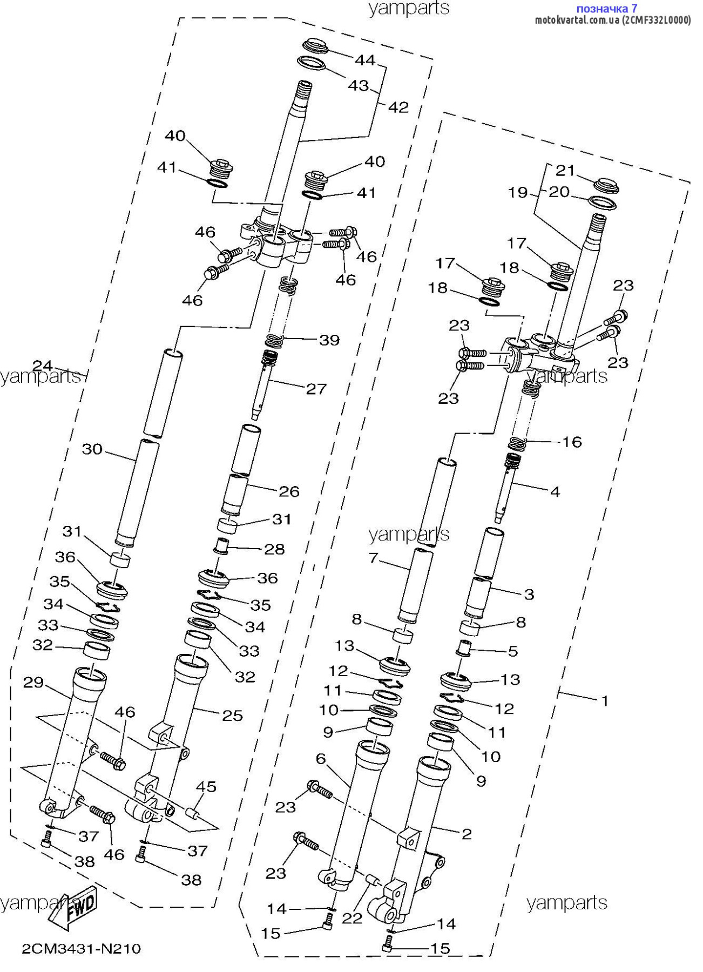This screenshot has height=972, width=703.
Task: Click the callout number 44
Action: tap(364, 60)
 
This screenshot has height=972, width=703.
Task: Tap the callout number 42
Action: tap(398, 107)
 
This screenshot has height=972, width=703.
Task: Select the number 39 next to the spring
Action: tap(329, 340)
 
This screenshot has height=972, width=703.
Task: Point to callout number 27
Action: tap(316, 389)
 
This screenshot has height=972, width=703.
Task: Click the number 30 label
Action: tap(92, 449)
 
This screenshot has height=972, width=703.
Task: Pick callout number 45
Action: tap(206, 787)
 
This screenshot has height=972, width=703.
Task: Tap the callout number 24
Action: tap(43, 366)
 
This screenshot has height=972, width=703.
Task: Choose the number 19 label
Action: tap(518, 192)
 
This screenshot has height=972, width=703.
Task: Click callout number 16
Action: tap(572, 442)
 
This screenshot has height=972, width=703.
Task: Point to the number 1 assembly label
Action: tap(605, 701)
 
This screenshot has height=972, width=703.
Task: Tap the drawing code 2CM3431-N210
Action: tap(81, 949)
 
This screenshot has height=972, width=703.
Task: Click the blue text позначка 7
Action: tap(607, 9)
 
